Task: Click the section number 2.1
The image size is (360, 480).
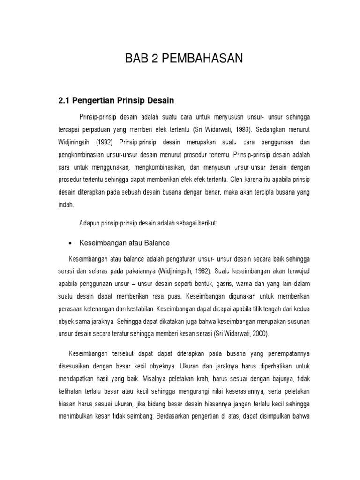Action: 64,100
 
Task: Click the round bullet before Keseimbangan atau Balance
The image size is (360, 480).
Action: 70,243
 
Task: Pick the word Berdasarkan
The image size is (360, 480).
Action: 174,416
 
